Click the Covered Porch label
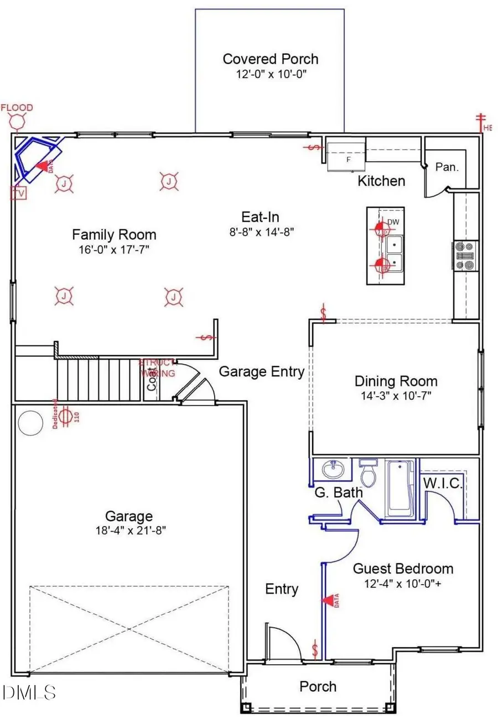tap(270, 59)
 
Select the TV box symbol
tap(19, 193)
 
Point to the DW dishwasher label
tap(393, 222)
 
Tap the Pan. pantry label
tap(447, 167)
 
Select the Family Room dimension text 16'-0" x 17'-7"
tap(114, 250)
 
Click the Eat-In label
tap(255, 217)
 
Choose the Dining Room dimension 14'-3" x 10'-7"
tap(396, 395)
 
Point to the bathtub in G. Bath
tap(400, 488)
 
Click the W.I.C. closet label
tap(443, 484)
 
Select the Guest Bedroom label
tap(403, 569)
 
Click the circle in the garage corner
tap(30, 423)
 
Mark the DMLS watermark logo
tap(29, 691)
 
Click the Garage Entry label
tap(261, 372)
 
